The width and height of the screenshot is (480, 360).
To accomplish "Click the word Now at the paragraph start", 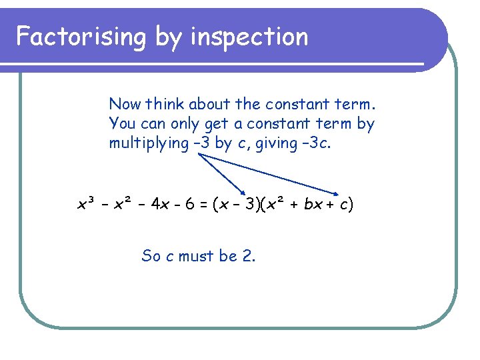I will pyautogui.click(x=125, y=104).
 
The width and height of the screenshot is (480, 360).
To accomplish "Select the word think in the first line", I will pyautogui.click(x=165, y=104).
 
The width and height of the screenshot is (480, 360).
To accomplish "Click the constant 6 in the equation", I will pyautogui.click(x=189, y=204).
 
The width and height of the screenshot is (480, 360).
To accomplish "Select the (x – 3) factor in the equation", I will pyautogui.click(x=239, y=204).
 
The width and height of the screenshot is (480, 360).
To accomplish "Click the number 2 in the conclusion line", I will pyautogui.click(x=249, y=255).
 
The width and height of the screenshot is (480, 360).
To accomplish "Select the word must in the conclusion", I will pyautogui.click(x=197, y=255).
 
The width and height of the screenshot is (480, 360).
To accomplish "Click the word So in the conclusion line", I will pyautogui.click(x=151, y=255).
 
